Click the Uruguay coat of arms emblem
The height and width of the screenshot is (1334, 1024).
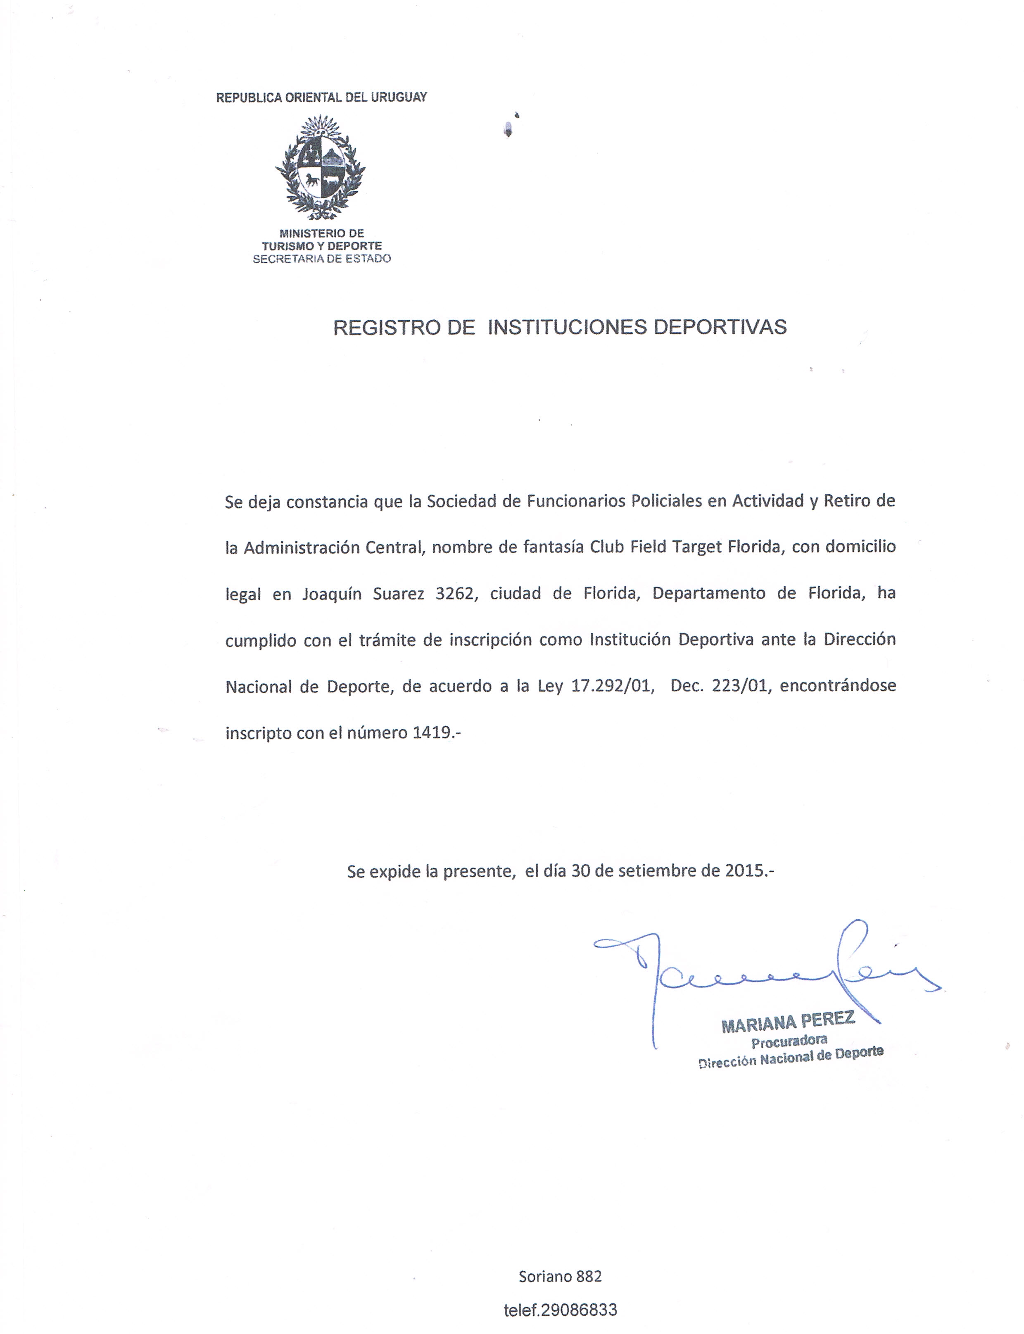click(x=321, y=168)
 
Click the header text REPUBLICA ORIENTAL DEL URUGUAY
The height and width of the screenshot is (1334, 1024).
click(x=321, y=97)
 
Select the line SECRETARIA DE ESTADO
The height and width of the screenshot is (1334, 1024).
click(x=321, y=259)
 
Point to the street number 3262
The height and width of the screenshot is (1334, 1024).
click(x=454, y=593)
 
